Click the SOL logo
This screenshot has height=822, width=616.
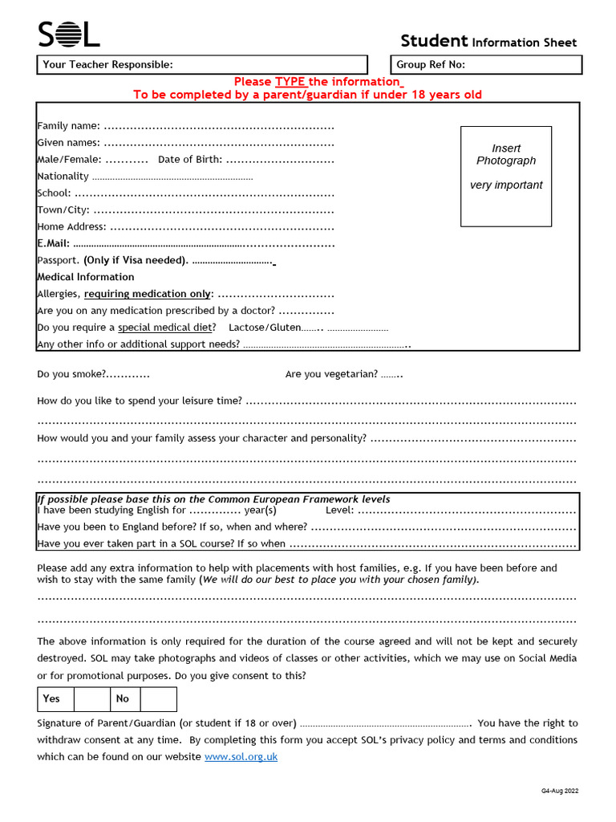click(x=69, y=35)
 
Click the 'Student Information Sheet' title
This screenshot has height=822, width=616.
click(x=488, y=42)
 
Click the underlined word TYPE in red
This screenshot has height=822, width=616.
click(x=291, y=82)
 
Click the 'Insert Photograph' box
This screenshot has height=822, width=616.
click(x=506, y=176)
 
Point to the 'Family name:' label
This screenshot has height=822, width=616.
click(x=69, y=125)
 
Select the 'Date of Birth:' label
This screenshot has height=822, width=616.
click(x=190, y=159)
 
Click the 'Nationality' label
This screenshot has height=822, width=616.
click(x=63, y=176)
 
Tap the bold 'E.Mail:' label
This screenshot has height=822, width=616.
click(x=54, y=243)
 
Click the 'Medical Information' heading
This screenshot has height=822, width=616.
click(x=86, y=277)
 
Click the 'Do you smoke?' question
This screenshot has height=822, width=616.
click(x=71, y=374)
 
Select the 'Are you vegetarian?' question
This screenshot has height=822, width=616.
click(x=331, y=374)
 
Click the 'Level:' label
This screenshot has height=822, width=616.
click(x=340, y=510)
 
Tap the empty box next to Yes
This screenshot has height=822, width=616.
click(x=91, y=699)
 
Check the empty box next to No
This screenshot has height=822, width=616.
click(x=158, y=699)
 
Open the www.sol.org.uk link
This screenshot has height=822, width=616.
click(x=241, y=757)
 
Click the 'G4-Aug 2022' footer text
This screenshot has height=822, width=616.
click(x=559, y=791)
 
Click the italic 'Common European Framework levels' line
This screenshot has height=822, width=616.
click(x=214, y=498)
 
